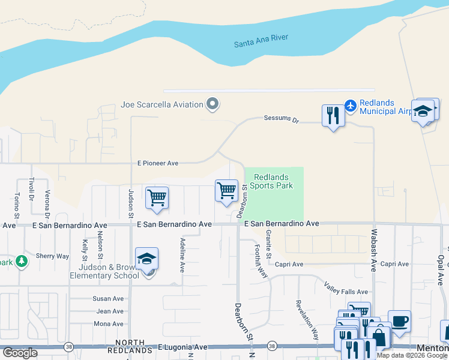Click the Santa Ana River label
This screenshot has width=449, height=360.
(x=261, y=41)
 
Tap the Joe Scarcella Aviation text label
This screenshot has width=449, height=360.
(x=162, y=105)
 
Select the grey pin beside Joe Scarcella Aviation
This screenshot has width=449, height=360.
(x=212, y=105)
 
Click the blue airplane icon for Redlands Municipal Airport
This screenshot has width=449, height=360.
(x=350, y=106)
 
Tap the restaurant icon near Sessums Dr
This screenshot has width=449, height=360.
(x=333, y=115)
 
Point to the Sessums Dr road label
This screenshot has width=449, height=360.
(x=281, y=119)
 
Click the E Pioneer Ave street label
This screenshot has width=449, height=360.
(x=158, y=163)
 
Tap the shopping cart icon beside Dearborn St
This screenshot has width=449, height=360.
(x=226, y=191)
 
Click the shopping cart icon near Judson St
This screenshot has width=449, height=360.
(x=157, y=197)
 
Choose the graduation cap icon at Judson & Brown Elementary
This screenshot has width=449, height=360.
(x=146, y=259)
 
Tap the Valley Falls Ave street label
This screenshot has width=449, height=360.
(x=346, y=287)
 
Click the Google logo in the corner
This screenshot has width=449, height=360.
(x=19, y=353)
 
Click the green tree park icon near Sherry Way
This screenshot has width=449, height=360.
(x=22, y=262)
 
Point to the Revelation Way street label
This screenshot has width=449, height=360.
(x=307, y=318)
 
